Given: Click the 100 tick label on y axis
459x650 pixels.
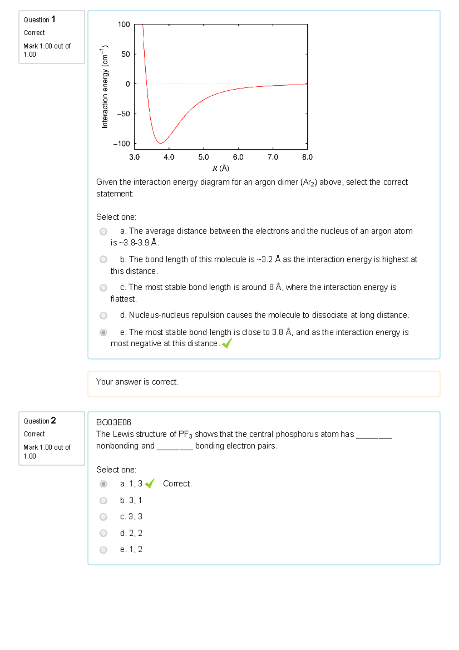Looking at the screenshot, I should coord(124,24).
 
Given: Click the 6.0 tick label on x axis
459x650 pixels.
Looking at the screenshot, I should coord(238,157).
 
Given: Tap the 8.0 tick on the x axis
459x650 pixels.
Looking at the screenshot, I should coord(307,157).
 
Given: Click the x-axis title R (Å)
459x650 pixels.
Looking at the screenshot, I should coord(221,168).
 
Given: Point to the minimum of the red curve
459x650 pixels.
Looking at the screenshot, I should coord(161,143).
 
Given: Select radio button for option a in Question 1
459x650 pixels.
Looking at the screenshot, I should coord(103,231).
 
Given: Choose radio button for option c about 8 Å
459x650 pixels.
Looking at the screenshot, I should coord(103,288).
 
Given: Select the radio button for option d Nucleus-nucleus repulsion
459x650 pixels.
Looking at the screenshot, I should coord(103,316).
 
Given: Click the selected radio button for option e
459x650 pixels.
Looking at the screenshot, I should coord(103,332).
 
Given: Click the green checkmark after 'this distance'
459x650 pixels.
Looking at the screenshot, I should coord(227,344).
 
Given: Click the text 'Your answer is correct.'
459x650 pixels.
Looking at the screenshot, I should coord(137,382).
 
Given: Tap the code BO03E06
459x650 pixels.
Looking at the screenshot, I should coord(114,422).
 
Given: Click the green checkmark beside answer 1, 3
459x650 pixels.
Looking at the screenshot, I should coord(150,484).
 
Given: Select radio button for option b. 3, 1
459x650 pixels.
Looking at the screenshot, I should coord(103,500).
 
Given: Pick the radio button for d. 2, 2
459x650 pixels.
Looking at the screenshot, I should coord(103,533).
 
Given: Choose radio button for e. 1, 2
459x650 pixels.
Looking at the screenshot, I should coord(103,550).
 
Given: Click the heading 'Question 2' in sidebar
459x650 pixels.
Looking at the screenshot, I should coord(39,421).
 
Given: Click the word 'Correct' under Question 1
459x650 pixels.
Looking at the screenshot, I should coord(34,33).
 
